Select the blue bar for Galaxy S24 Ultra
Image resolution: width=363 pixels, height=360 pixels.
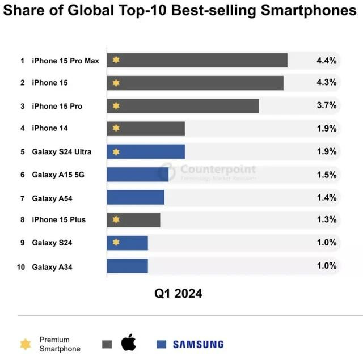point(146,151)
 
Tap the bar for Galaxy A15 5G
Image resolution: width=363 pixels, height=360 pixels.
point(137,175)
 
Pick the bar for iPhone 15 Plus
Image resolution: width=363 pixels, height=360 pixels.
point(133,219)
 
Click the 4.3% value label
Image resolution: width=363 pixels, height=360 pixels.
point(326,83)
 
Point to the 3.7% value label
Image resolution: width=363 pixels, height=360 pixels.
point(326,105)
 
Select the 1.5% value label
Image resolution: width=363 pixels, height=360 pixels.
point(326,175)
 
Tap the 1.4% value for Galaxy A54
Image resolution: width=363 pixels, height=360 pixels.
point(326,197)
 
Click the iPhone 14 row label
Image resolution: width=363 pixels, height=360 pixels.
point(50,129)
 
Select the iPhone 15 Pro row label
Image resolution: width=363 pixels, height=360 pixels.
point(57,106)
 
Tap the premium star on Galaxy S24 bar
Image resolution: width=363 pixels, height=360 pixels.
point(116,242)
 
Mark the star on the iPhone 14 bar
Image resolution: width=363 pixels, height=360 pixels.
point(116,128)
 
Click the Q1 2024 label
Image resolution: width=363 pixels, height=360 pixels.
point(178,294)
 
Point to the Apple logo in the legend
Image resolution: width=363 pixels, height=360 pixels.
point(129,343)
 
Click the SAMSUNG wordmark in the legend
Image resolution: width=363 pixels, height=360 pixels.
point(198,344)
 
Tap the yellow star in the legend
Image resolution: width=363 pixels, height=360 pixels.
point(26,344)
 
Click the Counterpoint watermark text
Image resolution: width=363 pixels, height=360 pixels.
point(218,170)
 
